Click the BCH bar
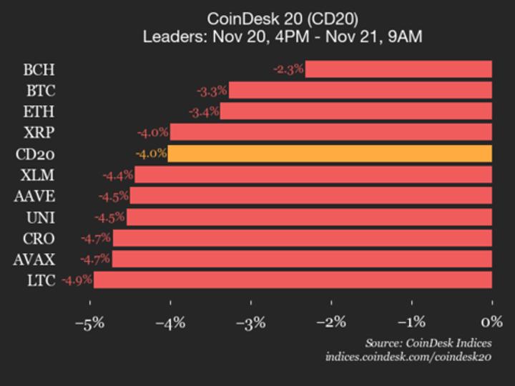pos(398,69)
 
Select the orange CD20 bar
pos(330,154)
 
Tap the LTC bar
pos(293,280)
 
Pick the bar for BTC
pos(360,90)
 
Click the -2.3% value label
pos(289,69)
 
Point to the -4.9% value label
pos(77,280)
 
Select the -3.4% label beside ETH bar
pos(204,112)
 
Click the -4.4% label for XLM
pos(118,175)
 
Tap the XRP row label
pos(39,133)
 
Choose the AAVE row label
pos(34,197)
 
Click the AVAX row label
pos(34,259)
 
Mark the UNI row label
pos(39,217)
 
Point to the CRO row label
pos(39,239)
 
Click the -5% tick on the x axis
pos(90,322)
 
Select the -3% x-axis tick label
pos(251,322)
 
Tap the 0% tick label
pos(492,322)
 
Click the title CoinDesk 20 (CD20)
pos(283,18)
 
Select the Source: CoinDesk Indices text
pos(428,342)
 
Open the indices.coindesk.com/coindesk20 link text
pos(408,357)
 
